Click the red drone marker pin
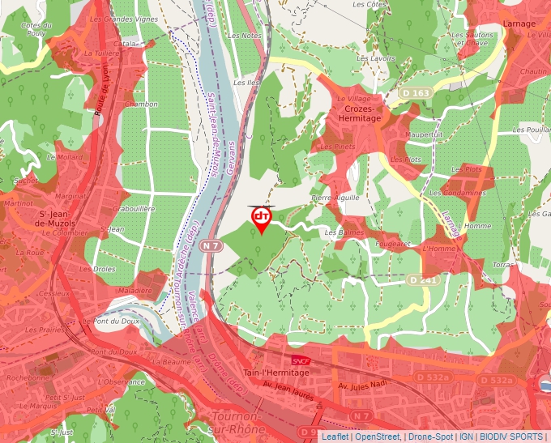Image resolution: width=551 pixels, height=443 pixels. tap(261, 219)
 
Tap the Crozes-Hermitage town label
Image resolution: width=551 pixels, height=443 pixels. tap(357, 113)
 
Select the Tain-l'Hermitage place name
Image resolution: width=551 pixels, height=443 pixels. tap(276, 373)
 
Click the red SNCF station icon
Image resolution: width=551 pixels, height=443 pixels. tap(300, 359)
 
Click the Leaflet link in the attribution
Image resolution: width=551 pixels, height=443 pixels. tap(334, 437)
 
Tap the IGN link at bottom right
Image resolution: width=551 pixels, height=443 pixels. tap(467, 437)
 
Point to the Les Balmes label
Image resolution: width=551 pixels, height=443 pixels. tap(344, 232)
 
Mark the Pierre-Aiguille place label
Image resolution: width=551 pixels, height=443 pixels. tap(335, 197)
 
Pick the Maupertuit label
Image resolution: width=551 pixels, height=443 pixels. tap(425, 134)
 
